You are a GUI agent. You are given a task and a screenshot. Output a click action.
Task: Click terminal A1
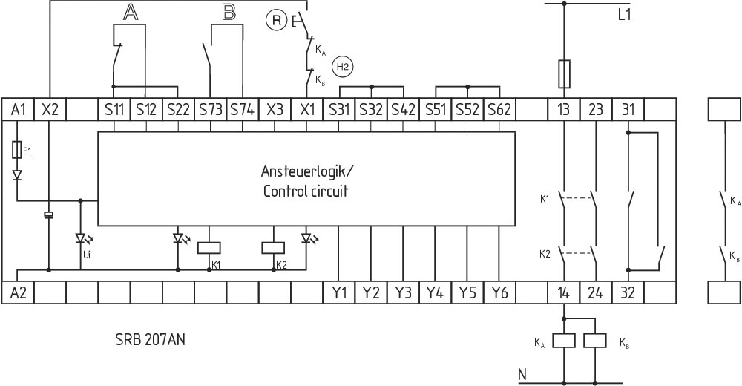(19, 109)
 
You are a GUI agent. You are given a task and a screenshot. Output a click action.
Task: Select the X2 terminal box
(50, 109)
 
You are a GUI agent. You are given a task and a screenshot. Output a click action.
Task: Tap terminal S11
(114, 109)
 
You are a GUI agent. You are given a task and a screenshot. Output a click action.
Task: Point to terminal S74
(242, 109)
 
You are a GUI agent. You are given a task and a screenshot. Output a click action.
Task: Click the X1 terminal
(307, 109)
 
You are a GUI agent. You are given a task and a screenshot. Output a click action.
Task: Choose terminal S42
(404, 109)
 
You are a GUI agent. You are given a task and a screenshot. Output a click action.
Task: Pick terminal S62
(499, 109)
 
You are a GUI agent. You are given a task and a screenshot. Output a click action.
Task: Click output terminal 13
(564, 109)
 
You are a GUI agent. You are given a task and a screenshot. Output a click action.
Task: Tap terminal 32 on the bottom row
(628, 292)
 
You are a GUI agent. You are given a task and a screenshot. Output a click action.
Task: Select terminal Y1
(339, 292)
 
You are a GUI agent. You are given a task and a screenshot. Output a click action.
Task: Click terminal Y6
(499, 292)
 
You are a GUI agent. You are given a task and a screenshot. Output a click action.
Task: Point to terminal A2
(19, 292)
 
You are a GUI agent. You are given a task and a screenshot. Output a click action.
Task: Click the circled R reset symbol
(276, 21)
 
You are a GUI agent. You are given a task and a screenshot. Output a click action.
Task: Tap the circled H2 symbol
(343, 67)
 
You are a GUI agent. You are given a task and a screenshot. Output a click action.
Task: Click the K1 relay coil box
(209, 248)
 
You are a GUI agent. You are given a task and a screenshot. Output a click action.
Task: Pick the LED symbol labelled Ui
(81, 239)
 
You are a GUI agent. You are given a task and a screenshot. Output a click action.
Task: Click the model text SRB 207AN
(151, 341)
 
